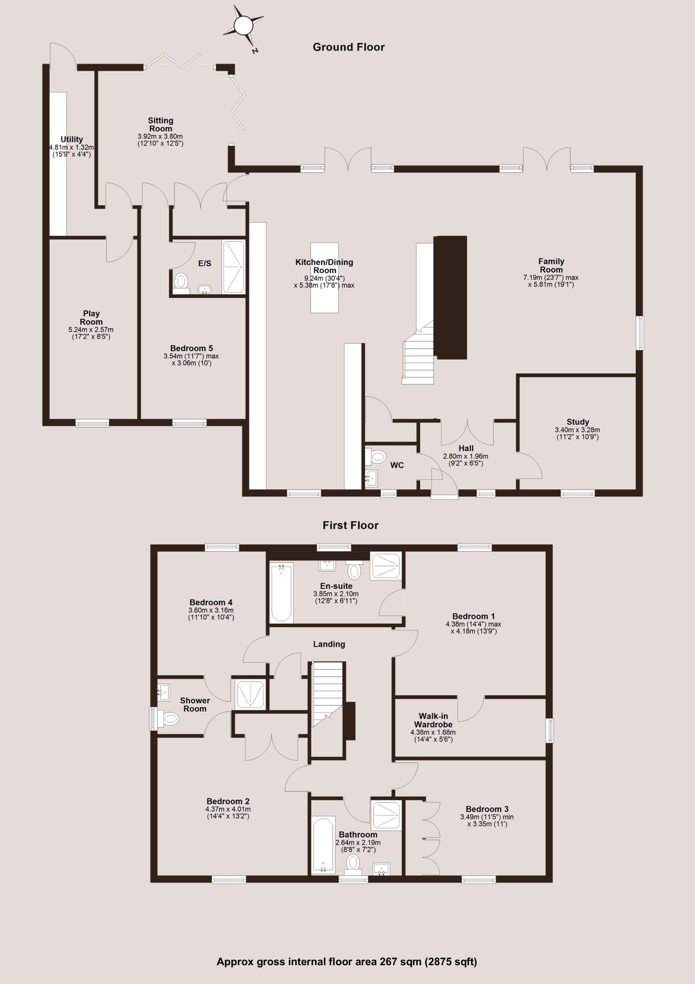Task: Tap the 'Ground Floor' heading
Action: click(349, 47)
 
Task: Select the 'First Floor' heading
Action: click(350, 525)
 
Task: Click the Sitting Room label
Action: click(161, 124)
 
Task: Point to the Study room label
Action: click(578, 422)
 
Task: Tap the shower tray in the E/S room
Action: click(233, 267)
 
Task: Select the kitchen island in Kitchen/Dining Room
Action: click(324, 278)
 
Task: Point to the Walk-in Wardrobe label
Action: click(434, 720)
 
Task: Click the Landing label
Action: click(329, 644)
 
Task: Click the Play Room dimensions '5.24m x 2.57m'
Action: click(91, 329)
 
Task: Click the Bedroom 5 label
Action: click(192, 348)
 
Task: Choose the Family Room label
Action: click(551, 265)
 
